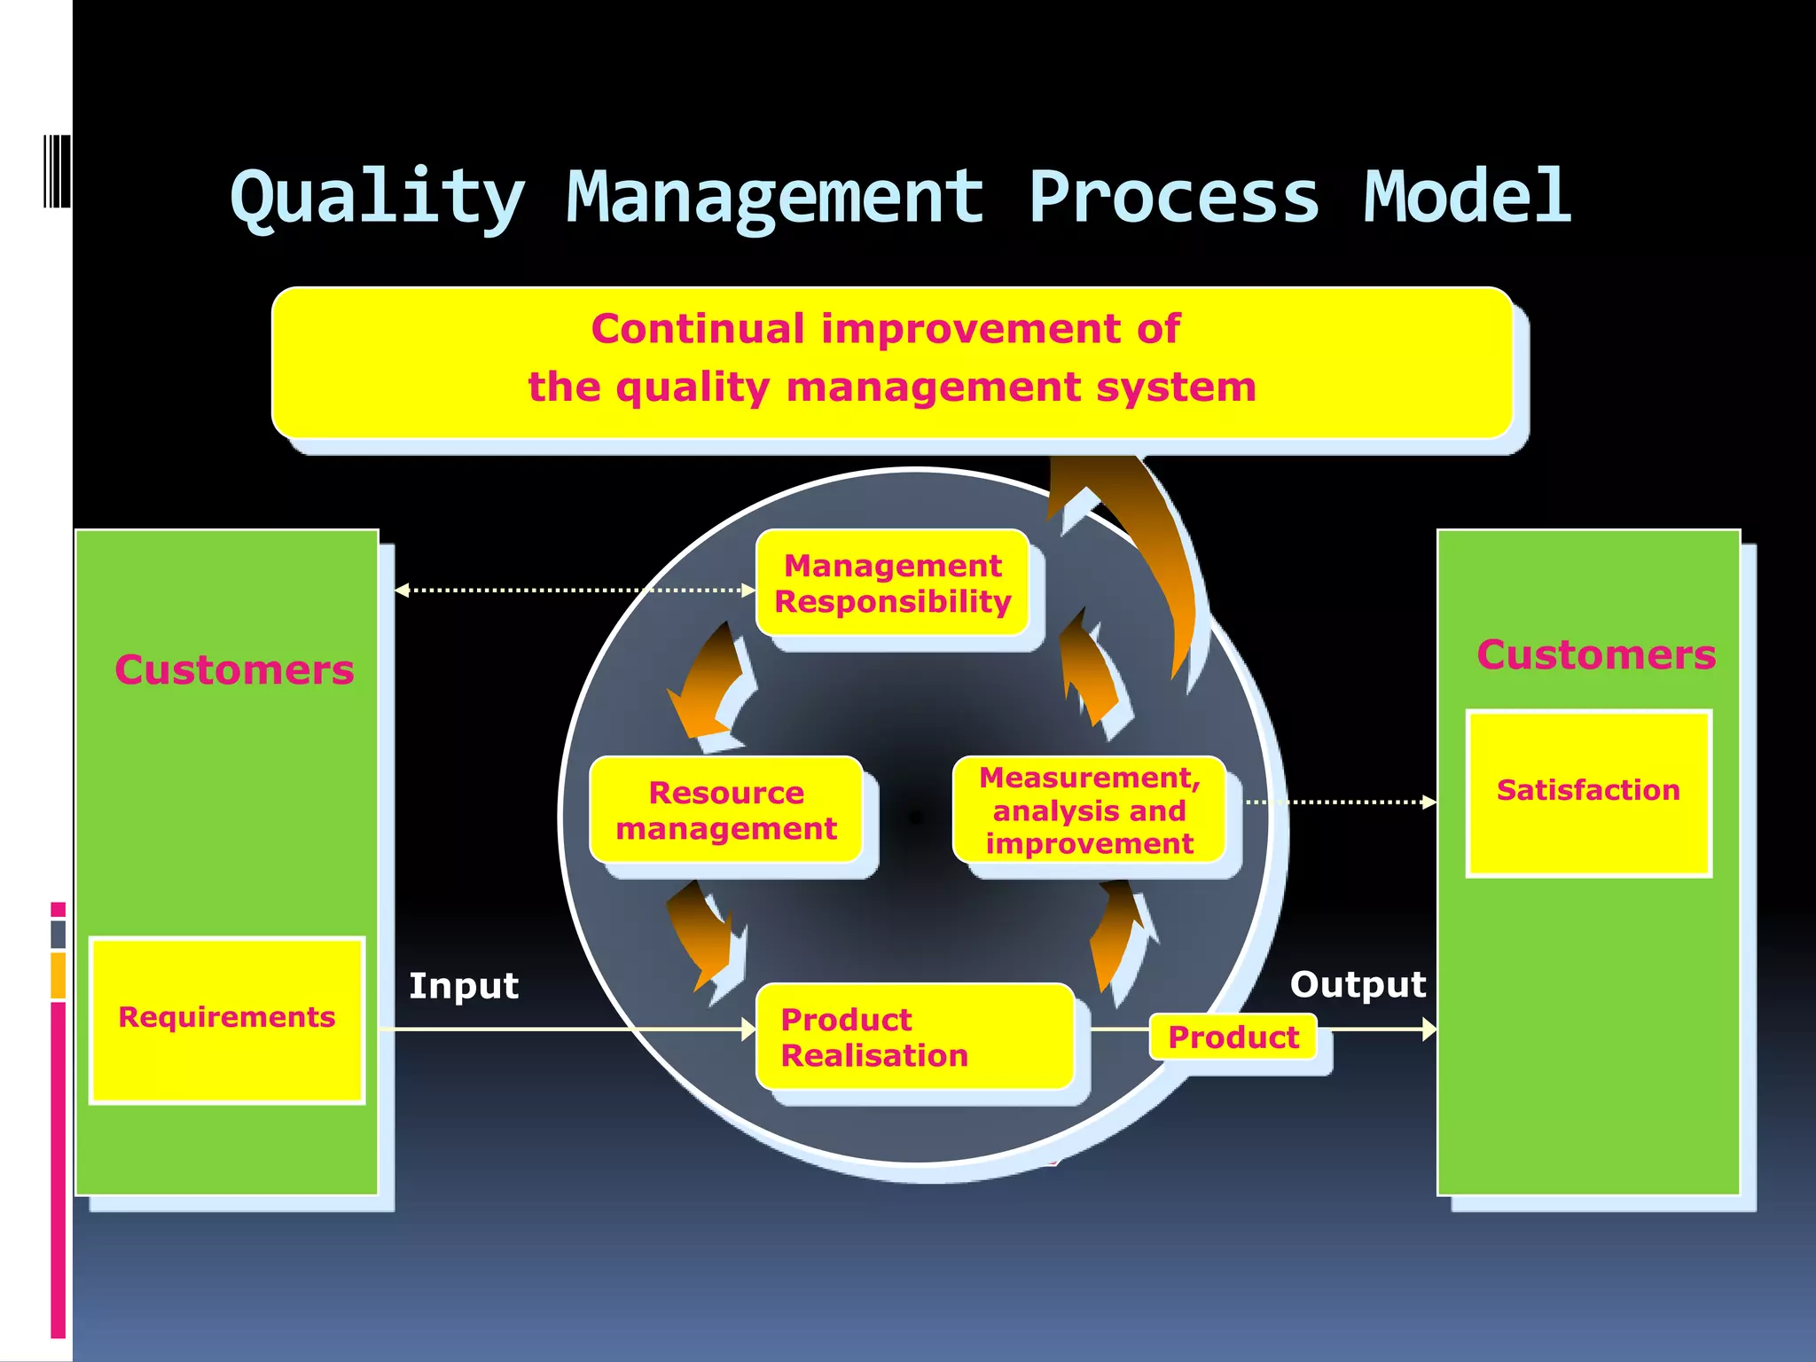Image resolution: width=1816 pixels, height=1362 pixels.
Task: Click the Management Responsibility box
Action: click(x=892, y=583)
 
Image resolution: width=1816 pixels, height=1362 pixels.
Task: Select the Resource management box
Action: click(x=726, y=810)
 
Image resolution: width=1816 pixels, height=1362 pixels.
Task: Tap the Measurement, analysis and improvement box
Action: click(x=1089, y=810)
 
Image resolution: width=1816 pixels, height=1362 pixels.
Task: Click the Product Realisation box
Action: click(x=914, y=1037)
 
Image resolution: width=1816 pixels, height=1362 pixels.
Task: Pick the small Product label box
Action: click(x=1233, y=1037)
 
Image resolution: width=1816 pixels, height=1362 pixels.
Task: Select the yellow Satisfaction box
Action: click(x=1588, y=793)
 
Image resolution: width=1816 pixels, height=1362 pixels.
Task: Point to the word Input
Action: click(x=463, y=986)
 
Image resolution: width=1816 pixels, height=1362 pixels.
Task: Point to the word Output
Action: click(x=1358, y=984)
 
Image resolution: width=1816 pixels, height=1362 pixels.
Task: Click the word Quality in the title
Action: click(x=378, y=197)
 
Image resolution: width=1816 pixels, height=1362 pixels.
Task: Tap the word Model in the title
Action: click(x=1467, y=197)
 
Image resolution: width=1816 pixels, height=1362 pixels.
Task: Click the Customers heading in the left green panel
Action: click(x=234, y=669)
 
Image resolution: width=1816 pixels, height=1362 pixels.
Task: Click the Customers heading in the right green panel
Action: click(x=1596, y=654)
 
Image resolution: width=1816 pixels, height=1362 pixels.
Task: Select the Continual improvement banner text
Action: click(x=891, y=358)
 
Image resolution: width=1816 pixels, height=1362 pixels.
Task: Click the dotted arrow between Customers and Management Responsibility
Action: click(x=575, y=590)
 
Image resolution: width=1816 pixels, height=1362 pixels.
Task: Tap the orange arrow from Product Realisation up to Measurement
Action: click(x=1117, y=935)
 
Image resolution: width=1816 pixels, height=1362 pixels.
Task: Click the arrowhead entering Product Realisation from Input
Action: click(x=748, y=1029)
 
